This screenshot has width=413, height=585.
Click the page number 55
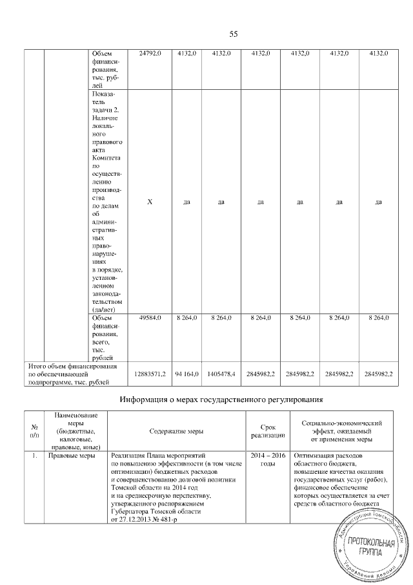coord(234,34)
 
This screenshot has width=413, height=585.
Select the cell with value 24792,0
coord(150,52)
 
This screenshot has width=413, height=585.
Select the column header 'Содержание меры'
coord(176,429)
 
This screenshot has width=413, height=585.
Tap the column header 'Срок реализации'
coord(268,429)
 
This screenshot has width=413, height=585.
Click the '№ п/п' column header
coord(34,429)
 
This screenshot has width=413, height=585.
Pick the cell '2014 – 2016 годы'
coord(268,460)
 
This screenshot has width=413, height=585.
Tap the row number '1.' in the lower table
coord(34,455)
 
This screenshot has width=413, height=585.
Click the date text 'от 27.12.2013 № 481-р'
coord(147,518)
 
